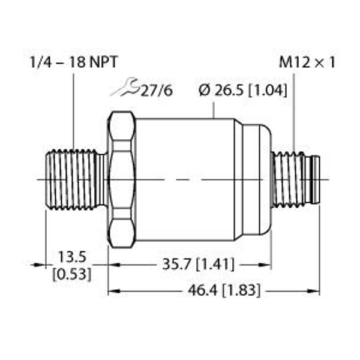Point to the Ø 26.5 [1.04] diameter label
click(x=242, y=91)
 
